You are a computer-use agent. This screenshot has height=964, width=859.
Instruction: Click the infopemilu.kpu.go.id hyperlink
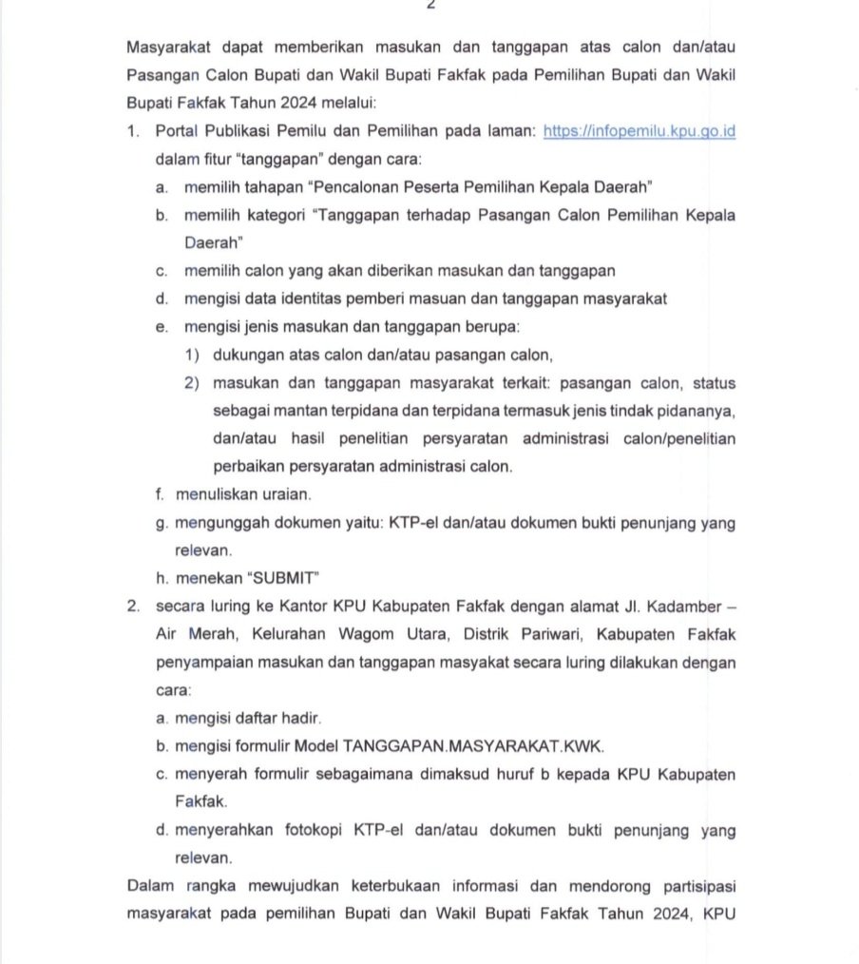point(639,131)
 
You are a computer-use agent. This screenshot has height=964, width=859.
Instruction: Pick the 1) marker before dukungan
point(193,355)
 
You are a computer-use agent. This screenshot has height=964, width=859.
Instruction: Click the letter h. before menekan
point(162,577)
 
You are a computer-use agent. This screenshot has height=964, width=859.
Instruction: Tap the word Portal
point(177,131)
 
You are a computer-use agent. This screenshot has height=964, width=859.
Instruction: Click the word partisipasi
point(694,887)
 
